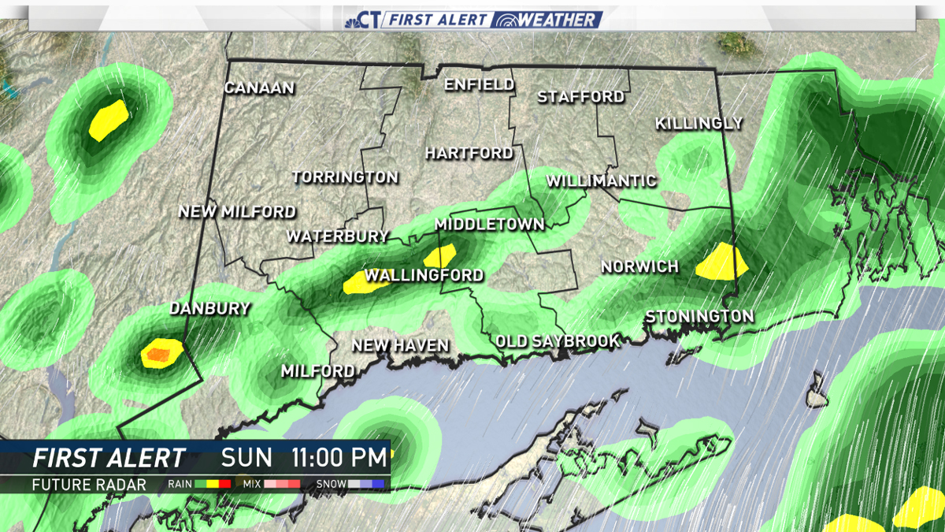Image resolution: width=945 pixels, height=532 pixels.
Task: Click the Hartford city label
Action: (x=469, y=154)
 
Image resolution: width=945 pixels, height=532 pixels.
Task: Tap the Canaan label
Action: (x=259, y=88)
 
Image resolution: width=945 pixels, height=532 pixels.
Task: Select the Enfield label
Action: (x=479, y=85)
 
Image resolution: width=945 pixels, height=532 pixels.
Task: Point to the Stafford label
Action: (x=580, y=98)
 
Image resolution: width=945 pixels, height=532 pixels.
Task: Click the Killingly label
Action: (x=699, y=124)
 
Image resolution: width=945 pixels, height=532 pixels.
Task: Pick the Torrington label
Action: (x=345, y=177)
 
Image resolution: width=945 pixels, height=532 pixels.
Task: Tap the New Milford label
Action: (x=237, y=212)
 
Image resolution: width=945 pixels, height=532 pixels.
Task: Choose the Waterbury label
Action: (x=337, y=236)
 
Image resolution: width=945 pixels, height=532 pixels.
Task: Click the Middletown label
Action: (x=489, y=225)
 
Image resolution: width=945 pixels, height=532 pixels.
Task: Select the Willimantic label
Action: (x=601, y=181)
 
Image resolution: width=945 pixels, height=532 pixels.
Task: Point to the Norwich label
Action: (x=639, y=267)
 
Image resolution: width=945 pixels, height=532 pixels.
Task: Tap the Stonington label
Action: (x=699, y=317)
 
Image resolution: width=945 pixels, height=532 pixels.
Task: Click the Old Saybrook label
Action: (x=558, y=341)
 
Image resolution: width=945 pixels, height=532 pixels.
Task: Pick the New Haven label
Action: (x=400, y=346)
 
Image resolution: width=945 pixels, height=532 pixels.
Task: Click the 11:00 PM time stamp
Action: (x=340, y=458)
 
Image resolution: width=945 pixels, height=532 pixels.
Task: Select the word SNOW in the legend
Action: (x=330, y=485)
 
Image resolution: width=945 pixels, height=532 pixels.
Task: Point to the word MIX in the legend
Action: (x=252, y=485)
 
